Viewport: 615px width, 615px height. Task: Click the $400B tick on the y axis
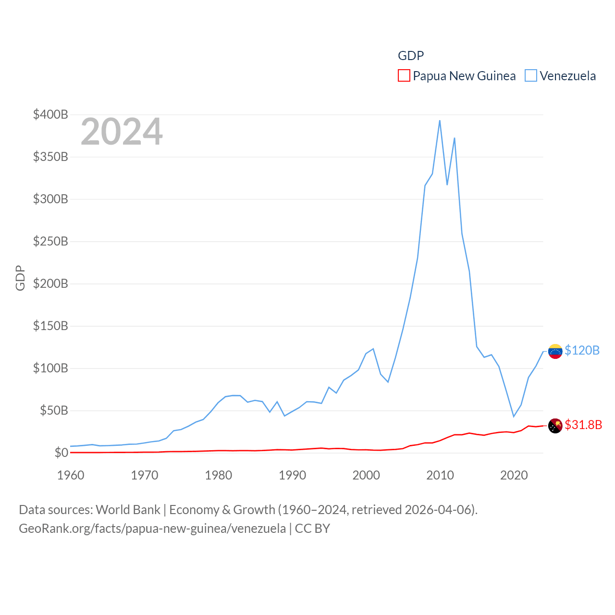coord(50,114)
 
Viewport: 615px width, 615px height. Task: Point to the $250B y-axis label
coord(50,241)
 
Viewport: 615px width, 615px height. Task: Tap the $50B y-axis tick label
coord(54,410)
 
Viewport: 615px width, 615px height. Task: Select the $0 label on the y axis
coord(61,453)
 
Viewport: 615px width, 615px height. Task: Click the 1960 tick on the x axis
coord(71,475)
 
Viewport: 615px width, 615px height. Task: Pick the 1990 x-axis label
coord(292,475)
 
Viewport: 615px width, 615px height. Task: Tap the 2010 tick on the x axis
coord(440,475)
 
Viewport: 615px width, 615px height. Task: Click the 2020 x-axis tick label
coord(514,475)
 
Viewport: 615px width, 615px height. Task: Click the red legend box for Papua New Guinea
coord(404,76)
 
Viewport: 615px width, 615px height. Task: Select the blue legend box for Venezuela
coord(530,76)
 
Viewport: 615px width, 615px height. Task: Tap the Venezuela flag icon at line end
coord(555,351)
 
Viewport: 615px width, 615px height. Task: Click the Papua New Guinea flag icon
coord(555,426)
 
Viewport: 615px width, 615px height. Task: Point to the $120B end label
coord(582,350)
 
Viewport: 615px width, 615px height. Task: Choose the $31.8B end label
coord(583,425)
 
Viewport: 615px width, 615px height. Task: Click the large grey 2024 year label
coord(122,132)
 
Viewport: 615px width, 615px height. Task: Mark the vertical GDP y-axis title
coord(20,278)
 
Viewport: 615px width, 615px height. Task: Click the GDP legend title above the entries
coord(411,56)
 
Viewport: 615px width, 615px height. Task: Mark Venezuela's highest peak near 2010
coord(440,121)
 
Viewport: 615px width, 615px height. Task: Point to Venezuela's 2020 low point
coord(514,416)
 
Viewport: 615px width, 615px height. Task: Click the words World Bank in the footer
coord(128,509)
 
